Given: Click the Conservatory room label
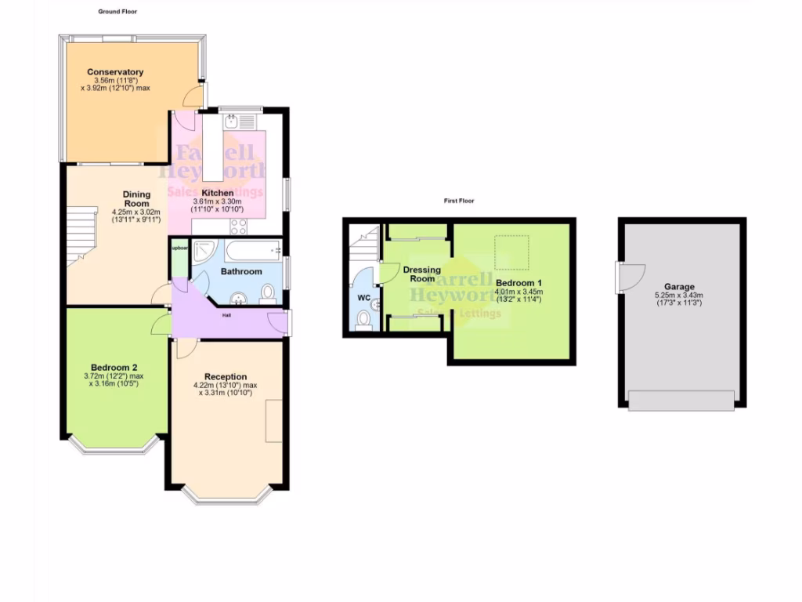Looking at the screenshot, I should (115, 72).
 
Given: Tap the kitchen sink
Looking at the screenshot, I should (233, 121).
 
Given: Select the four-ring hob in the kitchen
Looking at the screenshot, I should (239, 227).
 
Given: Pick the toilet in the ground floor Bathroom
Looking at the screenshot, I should (268, 294).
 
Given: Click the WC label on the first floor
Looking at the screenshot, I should (363, 298).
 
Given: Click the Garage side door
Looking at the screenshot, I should (630, 277).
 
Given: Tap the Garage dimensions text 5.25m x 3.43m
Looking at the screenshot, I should (679, 296).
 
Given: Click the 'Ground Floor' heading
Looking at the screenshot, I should (118, 12).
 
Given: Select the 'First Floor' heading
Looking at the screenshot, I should (459, 201).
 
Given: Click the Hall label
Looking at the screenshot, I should (226, 315).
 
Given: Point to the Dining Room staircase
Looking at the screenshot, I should (80, 235).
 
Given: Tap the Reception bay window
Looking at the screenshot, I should (228, 494).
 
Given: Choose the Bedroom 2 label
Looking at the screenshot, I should (114, 367).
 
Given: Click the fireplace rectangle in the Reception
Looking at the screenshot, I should (273, 421).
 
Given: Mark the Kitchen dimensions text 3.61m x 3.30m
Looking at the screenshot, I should (218, 201).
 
